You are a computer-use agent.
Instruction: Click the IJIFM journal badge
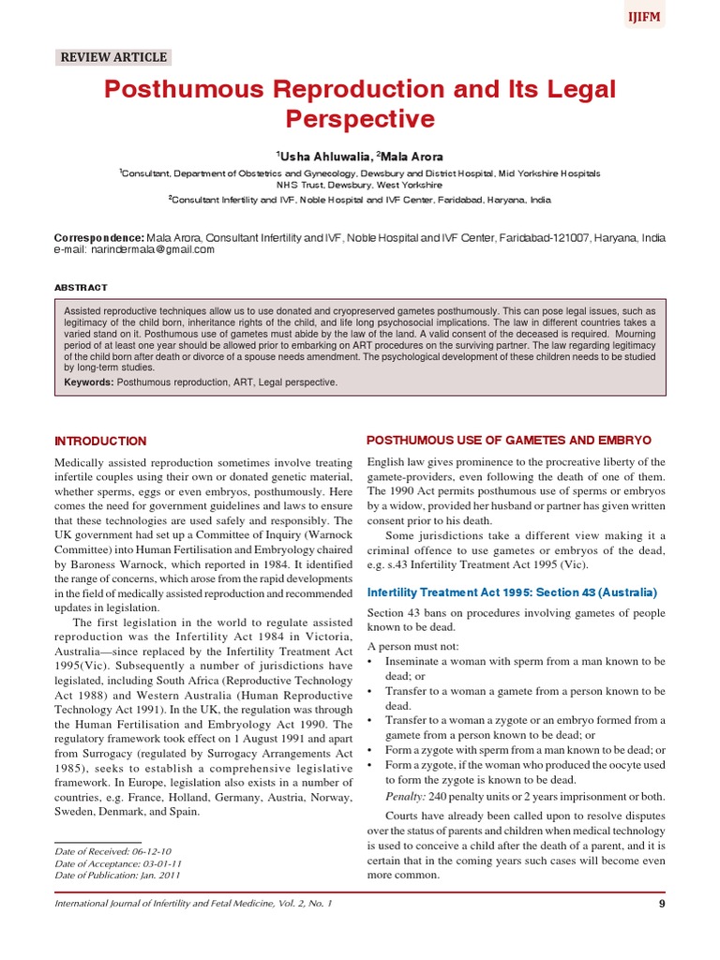644,16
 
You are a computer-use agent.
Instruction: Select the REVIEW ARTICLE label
113,57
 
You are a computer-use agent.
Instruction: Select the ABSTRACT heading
81,287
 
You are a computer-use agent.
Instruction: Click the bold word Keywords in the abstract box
89,382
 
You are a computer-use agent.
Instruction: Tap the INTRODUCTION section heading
100,441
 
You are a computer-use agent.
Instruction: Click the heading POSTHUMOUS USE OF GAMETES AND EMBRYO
508,441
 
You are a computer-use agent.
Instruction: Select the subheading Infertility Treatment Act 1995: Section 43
512,593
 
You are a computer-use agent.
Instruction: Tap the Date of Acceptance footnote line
117,862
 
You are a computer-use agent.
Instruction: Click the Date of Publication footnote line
117,875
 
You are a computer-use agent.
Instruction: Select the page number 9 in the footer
662,903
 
